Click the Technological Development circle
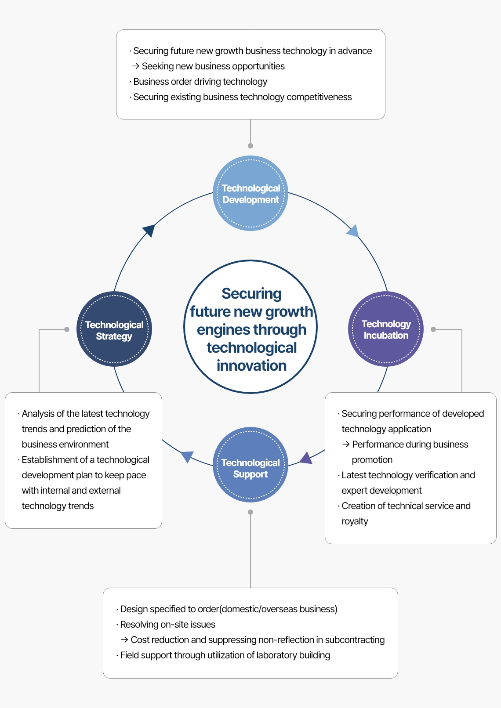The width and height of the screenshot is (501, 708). (x=250, y=194)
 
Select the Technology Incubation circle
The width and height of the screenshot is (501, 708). (x=386, y=329)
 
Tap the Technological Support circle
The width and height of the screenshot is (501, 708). (x=250, y=465)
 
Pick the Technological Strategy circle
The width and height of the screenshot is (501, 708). (x=114, y=329)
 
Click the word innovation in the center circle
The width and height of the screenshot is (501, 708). (x=251, y=365)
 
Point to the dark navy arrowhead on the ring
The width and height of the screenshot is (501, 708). (x=149, y=230)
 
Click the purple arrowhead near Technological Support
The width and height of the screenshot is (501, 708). (x=306, y=458)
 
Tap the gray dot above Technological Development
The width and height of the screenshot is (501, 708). (x=250, y=146)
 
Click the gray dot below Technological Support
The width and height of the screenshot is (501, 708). (x=250, y=512)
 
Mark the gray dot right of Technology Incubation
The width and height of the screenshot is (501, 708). (x=433, y=329)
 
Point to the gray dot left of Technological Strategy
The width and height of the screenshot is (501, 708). (x=67, y=329)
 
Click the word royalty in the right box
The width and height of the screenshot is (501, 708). (x=355, y=521)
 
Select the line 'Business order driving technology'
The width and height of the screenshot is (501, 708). (x=200, y=82)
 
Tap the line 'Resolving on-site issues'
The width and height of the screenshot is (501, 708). (x=167, y=625)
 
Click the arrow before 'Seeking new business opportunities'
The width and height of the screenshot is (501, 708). (x=136, y=66)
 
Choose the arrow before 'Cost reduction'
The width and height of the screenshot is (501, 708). (x=124, y=640)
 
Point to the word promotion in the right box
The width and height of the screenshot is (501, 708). (x=372, y=460)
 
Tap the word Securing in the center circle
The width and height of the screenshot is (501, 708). (x=251, y=293)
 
